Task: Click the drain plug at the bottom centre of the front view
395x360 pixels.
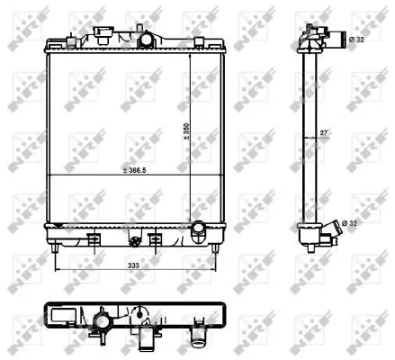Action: click(135, 242)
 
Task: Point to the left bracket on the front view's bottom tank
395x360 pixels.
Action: click(92, 240)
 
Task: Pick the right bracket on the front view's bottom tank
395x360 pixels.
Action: click(155, 240)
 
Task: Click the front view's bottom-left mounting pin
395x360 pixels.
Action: click(55, 248)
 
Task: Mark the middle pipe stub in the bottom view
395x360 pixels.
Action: click(141, 336)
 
